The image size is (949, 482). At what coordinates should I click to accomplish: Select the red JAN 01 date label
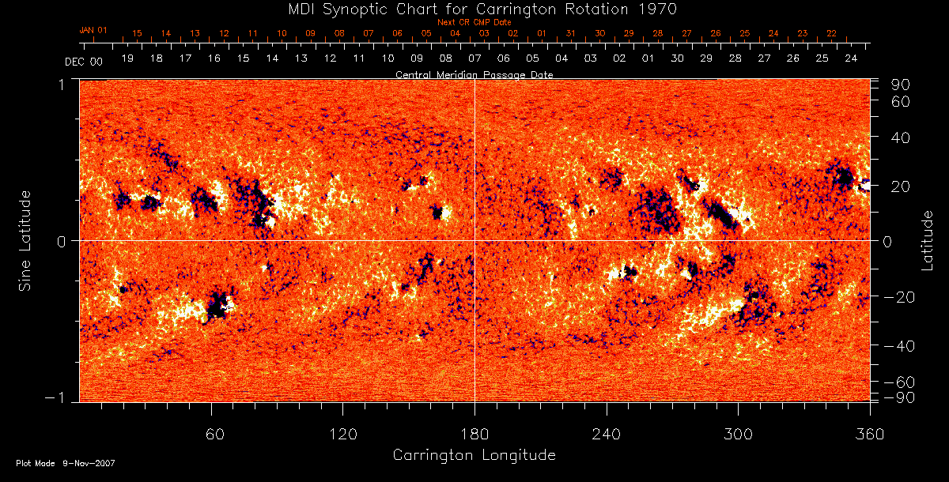point(93,30)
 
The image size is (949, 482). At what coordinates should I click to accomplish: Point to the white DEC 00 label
point(84,60)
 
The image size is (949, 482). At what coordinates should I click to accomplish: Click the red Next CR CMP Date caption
point(474,22)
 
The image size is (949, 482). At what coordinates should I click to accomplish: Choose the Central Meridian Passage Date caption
point(474,74)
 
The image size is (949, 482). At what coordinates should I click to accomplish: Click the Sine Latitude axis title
point(25,239)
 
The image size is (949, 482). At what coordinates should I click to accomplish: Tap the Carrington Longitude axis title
point(474,455)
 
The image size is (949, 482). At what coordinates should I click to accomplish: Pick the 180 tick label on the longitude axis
point(475,434)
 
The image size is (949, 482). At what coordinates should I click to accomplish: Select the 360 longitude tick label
point(869,434)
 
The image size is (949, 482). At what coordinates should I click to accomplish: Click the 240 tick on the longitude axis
point(606,434)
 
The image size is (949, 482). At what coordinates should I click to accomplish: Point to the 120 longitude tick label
point(342,434)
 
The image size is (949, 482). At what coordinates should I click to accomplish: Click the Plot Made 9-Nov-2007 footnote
point(66,463)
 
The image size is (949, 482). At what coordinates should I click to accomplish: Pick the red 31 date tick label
point(571,33)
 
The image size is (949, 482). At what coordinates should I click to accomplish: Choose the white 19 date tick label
point(127,58)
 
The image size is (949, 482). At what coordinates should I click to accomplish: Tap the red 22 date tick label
point(831,33)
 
